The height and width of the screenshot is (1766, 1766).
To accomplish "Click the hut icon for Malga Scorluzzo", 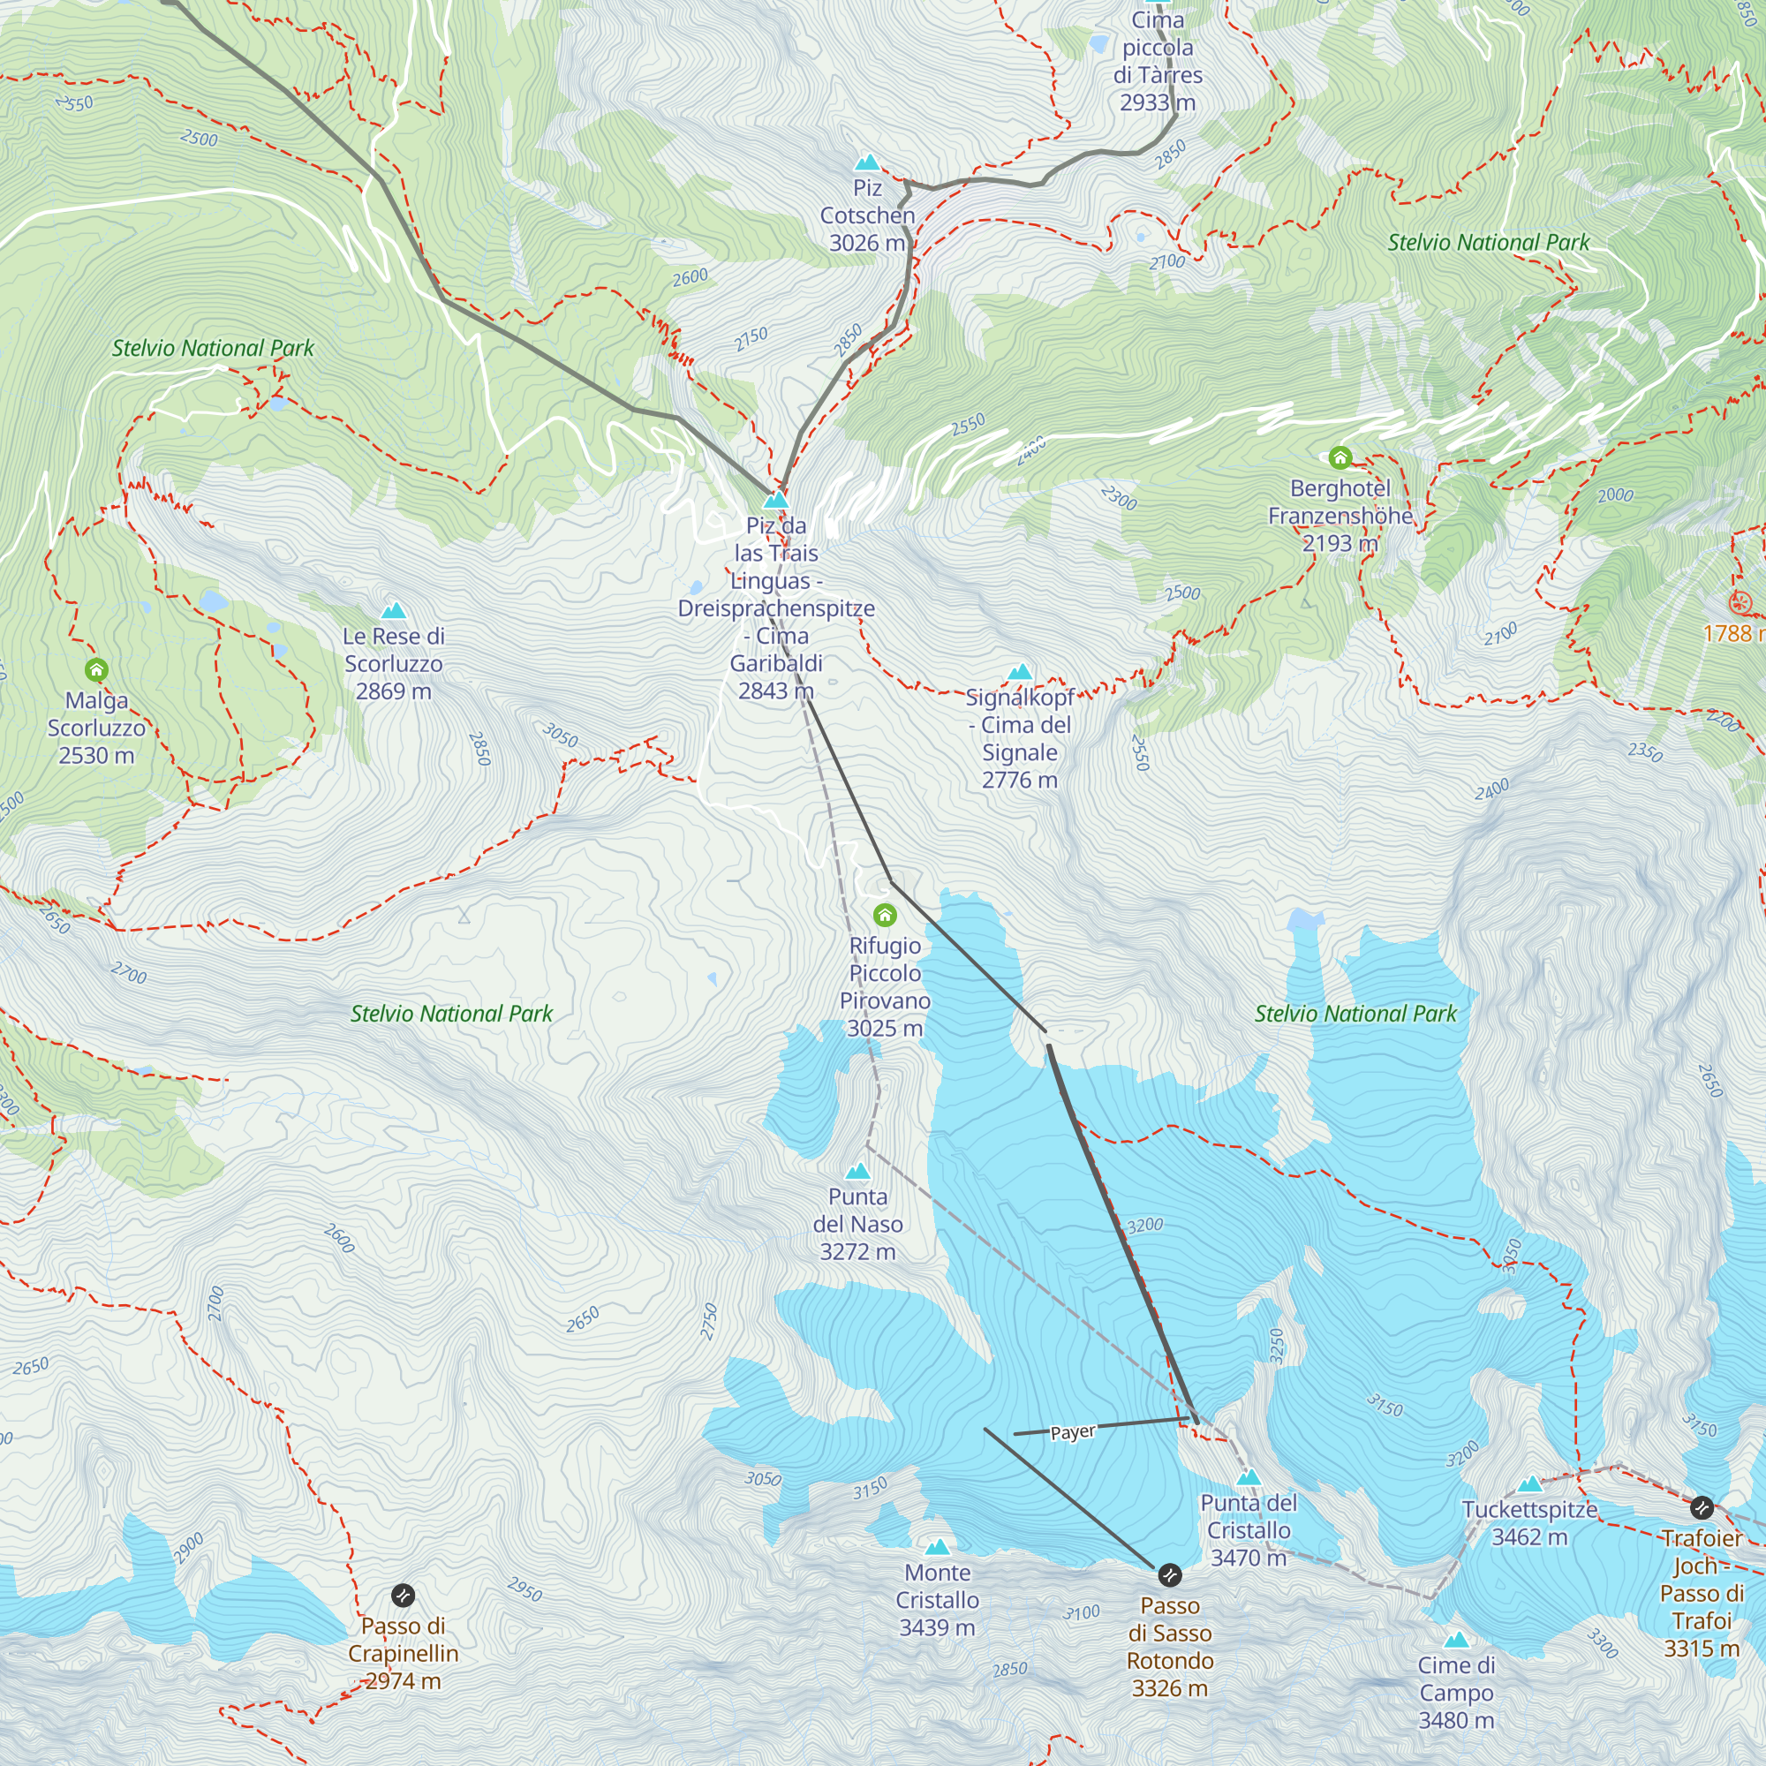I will click(x=96, y=670).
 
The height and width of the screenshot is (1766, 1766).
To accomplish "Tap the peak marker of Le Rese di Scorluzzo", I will click(x=393, y=611).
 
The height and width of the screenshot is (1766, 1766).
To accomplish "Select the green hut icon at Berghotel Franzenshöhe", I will click(x=1340, y=457).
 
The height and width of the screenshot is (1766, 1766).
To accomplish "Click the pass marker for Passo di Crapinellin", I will click(x=404, y=1595).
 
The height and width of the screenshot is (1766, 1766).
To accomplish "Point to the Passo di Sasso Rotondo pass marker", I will click(x=1169, y=1575).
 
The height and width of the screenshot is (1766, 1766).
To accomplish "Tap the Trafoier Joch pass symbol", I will click(x=1702, y=1507).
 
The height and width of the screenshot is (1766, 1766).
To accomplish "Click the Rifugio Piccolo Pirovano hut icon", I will click(x=885, y=915).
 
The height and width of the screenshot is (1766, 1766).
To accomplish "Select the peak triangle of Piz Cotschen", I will click(x=866, y=163).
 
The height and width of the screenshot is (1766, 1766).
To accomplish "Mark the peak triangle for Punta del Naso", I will click(x=857, y=1172).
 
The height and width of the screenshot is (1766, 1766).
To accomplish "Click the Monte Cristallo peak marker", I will click(x=937, y=1548).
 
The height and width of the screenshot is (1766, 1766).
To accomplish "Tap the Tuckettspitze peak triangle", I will click(x=1529, y=1484).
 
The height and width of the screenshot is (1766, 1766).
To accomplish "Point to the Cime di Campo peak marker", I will click(x=1456, y=1640).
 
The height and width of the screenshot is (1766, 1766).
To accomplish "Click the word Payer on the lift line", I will click(x=1072, y=1432).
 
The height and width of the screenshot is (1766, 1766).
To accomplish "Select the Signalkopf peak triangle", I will click(x=1019, y=673).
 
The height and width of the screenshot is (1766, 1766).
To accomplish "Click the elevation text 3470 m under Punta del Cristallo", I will click(x=1248, y=1558).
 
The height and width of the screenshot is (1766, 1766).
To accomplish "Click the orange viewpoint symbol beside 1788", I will click(x=1741, y=602).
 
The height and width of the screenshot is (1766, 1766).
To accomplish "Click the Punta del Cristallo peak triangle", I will click(x=1249, y=1477).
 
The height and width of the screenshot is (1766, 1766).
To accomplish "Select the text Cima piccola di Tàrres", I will click(x=1158, y=48).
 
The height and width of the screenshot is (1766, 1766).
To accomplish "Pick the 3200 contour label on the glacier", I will click(x=1144, y=1226).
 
